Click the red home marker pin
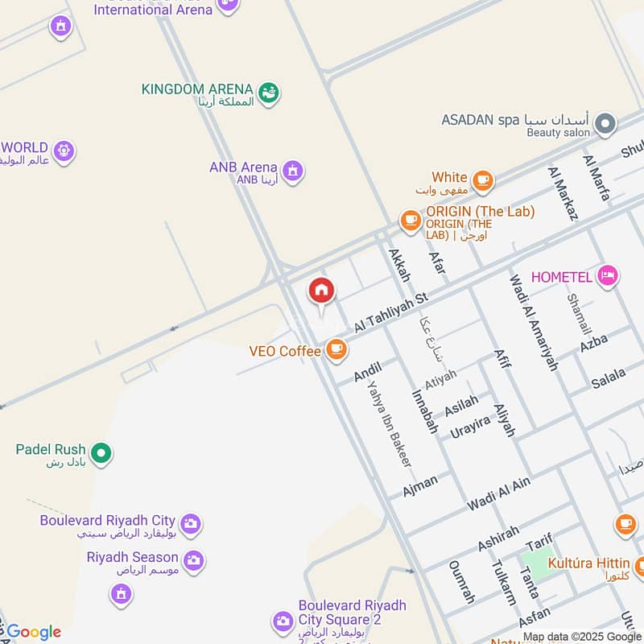pos(321,291)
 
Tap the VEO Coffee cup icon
pos(336,350)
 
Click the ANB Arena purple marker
pos(292,171)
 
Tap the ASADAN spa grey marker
pos(605,124)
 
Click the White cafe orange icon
pos(482,180)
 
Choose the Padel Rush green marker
pos(101,454)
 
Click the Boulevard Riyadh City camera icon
pos(190,524)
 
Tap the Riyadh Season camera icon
pos(192,560)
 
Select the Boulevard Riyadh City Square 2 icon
pos(283,621)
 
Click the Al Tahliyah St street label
pos(390,314)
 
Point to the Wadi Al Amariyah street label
pos(532,322)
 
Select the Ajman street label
pos(419,486)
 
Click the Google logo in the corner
pos(32,632)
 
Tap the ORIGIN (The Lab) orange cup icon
pos(411,219)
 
